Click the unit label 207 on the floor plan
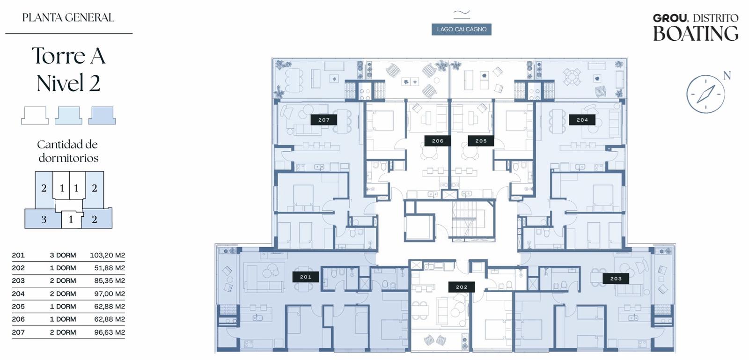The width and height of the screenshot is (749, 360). [323, 120]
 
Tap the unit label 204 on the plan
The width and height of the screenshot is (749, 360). [582, 120]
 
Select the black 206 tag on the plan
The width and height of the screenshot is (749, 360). [437, 141]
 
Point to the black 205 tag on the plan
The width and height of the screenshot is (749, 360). [481, 141]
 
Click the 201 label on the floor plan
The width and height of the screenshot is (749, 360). [306, 277]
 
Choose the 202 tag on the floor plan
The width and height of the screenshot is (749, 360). [462, 287]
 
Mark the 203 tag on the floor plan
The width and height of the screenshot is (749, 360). [616, 279]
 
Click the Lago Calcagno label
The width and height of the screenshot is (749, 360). [462, 29]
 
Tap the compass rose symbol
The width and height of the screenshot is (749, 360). [705, 94]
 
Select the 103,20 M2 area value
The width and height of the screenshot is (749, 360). [107, 256]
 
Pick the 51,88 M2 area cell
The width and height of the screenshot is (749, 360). [110, 268]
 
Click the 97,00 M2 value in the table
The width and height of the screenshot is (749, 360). [110, 294]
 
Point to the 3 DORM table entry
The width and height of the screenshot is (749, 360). [63, 256]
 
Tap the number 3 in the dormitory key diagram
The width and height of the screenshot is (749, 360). [44, 219]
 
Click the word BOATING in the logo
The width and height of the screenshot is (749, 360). [696, 33]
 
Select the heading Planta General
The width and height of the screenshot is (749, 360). [68, 17]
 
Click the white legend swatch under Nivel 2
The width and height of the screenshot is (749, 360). [35, 116]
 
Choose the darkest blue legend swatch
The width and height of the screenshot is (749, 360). [102, 116]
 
